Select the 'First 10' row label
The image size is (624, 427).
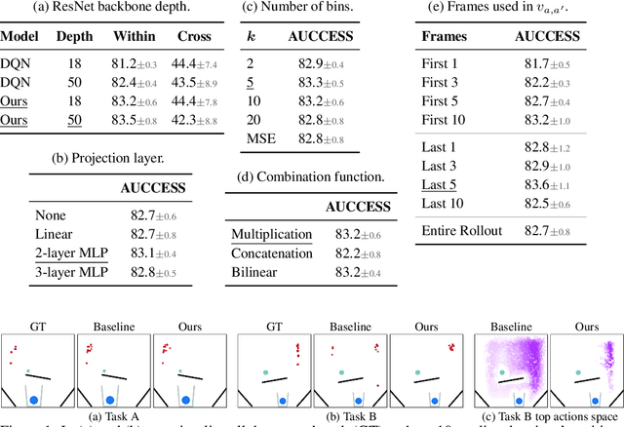coord(448,120)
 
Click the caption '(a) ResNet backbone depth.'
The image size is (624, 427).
coord(111,10)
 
